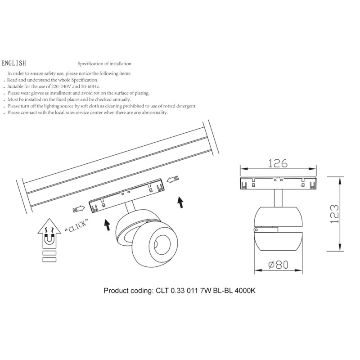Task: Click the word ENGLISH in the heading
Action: [13, 63]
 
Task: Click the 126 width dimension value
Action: [278, 163]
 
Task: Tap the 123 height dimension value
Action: [334, 214]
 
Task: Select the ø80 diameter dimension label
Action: [278, 265]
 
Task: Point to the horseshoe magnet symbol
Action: [49, 240]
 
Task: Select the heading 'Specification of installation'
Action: [104, 63]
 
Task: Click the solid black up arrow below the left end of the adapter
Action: [107, 225]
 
